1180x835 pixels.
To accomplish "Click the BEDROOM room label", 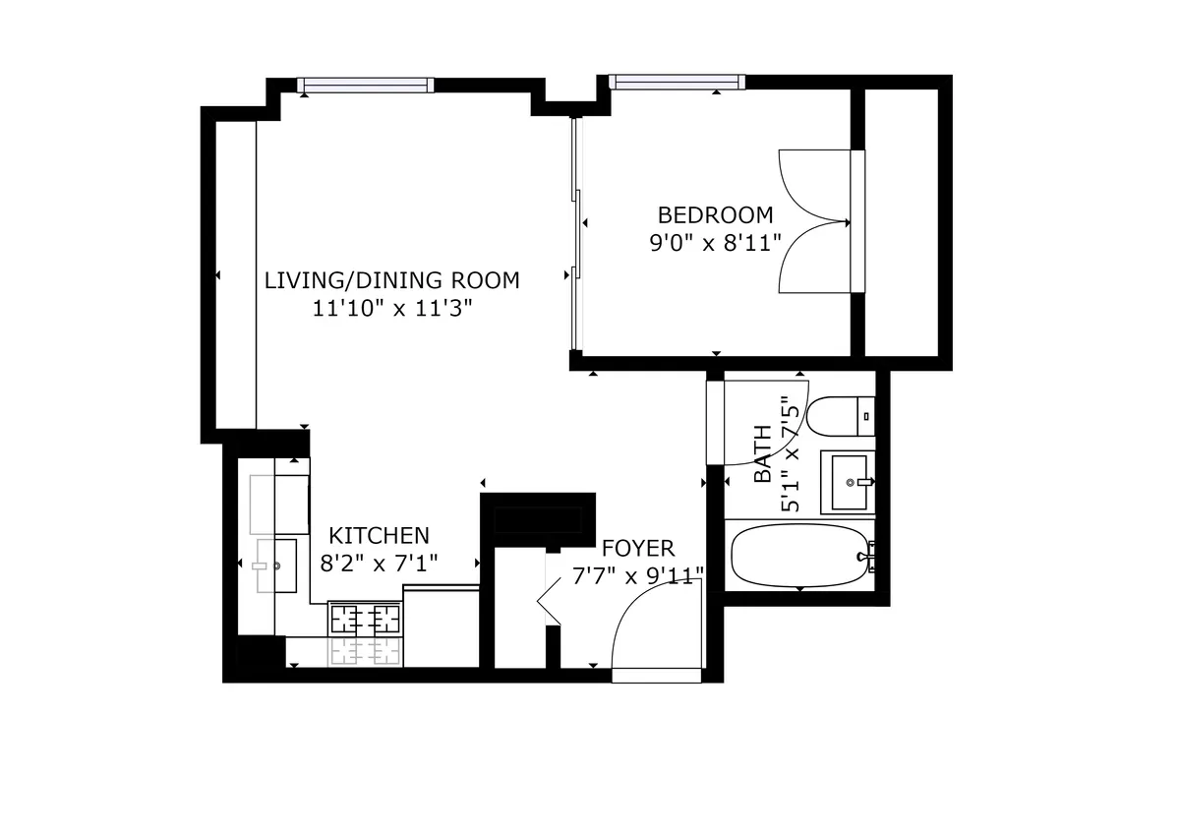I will (715, 214).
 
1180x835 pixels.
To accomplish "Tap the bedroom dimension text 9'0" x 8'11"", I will (715, 243).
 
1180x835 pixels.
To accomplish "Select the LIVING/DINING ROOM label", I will (391, 280).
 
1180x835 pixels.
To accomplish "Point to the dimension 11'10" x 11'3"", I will (392, 308).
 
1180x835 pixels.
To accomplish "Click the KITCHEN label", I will (379, 536).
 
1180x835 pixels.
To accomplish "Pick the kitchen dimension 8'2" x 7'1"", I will (379, 563).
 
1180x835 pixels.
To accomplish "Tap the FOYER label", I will (638, 548).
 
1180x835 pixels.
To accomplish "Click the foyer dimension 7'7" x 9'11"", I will (638, 574).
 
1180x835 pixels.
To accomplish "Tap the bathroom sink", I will (848, 482).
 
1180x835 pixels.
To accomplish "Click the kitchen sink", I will (275, 566).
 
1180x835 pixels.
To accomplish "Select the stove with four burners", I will (366, 620).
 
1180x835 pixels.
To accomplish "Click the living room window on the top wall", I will (366, 86).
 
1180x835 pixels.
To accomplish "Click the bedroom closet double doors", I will (816, 221).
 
